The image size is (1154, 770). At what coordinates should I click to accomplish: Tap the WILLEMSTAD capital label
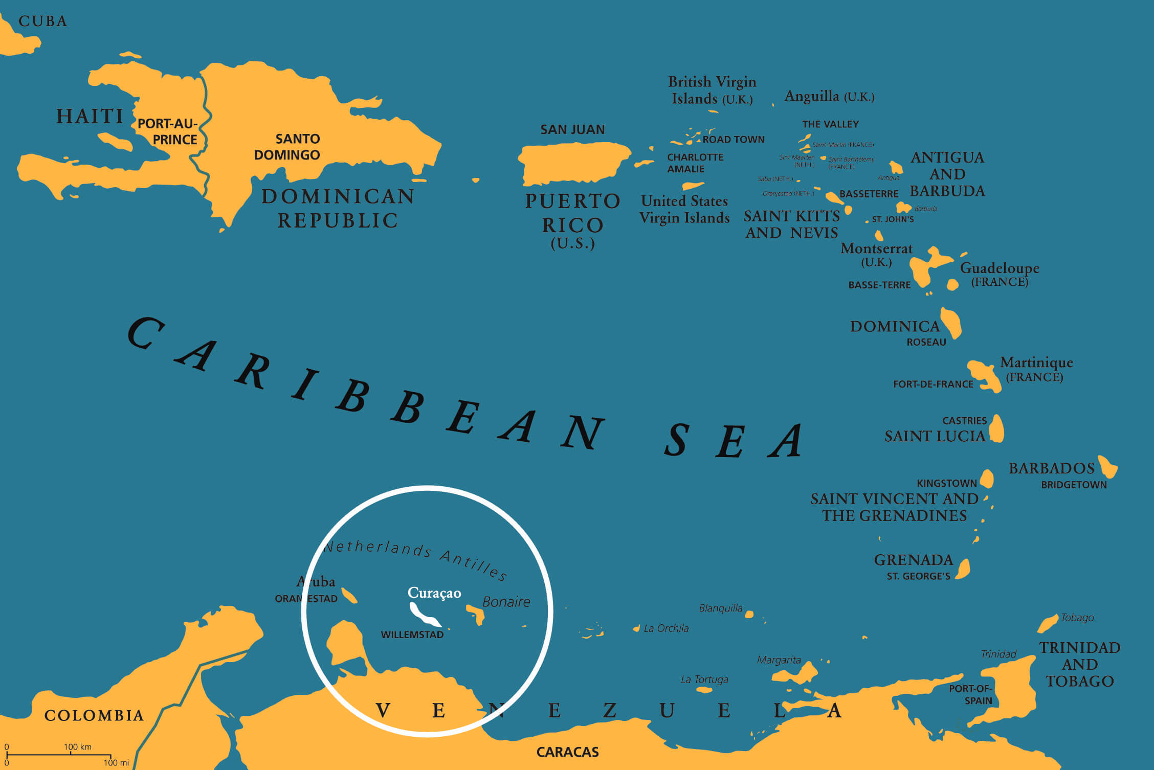click(412, 635)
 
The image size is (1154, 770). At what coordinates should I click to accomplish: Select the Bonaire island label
click(506, 602)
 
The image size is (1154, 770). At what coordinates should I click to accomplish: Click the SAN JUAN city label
click(572, 130)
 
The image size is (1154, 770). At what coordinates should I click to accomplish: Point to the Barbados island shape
click(1108, 466)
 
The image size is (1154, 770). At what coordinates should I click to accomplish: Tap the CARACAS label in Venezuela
click(567, 752)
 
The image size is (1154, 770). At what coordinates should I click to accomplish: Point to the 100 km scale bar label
click(78, 747)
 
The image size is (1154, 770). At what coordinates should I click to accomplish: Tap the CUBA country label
click(43, 21)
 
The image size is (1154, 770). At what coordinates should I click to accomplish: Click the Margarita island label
click(779, 660)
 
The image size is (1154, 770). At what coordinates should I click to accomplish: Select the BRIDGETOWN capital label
click(1074, 485)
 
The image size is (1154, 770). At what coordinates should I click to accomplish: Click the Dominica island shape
click(951, 323)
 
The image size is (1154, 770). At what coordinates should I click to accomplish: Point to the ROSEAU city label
click(926, 343)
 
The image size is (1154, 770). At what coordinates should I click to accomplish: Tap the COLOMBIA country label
click(94, 715)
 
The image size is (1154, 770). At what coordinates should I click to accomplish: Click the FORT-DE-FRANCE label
click(933, 384)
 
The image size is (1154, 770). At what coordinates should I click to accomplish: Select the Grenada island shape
click(963, 569)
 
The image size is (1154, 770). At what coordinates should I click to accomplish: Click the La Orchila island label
click(666, 628)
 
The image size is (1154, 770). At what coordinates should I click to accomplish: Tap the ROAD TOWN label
click(734, 140)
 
